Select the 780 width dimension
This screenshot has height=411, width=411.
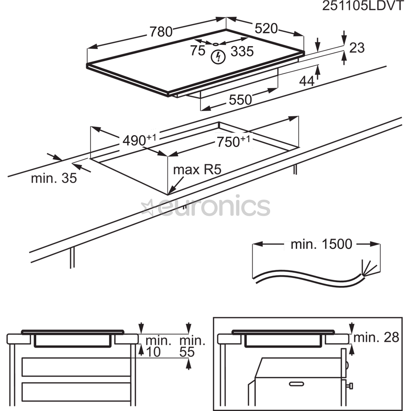[161, 32]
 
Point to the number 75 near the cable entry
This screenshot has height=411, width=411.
[198, 51]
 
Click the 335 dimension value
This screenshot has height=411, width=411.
[242, 51]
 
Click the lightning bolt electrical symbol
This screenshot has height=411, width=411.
[218, 57]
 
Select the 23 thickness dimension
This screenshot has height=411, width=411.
[357, 48]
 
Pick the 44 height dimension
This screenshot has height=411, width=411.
[307, 81]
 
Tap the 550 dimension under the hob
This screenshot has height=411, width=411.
[240, 100]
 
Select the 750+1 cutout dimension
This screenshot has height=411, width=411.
[233, 142]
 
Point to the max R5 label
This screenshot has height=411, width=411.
[197, 170]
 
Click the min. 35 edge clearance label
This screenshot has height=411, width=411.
[54, 178]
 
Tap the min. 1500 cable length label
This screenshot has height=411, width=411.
[321, 244]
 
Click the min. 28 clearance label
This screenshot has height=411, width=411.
[376, 337]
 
